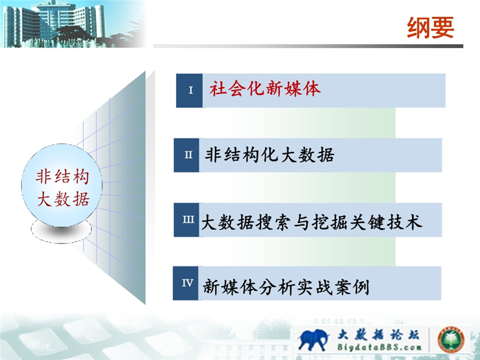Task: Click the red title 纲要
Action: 430,28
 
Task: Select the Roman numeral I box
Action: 189,90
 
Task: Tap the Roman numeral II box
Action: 186,155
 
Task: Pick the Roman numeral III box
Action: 186,220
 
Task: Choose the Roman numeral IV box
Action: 186,283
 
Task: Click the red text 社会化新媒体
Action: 265,89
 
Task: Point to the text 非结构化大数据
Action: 269,155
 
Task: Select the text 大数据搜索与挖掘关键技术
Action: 311,222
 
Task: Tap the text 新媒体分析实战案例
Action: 286,287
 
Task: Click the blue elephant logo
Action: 313,340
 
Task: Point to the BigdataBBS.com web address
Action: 379,347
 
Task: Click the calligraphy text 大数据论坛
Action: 378,334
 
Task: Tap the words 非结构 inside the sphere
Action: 62,177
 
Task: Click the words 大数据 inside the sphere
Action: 63,199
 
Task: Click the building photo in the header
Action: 74,24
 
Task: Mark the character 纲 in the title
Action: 419,28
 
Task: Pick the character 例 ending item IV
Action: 361,287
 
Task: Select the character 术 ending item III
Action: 414,222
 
